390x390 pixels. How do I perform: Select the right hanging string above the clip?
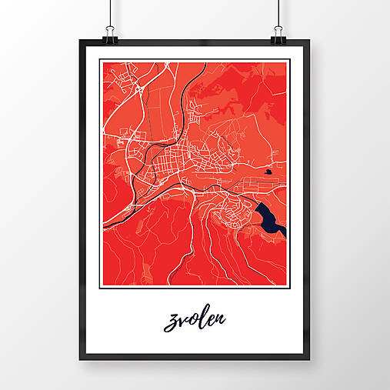(x=284, y=12)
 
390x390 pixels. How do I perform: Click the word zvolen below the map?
(x=194, y=319)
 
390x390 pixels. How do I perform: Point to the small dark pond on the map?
(x=267, y=172)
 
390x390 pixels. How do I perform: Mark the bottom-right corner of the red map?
(x=286, y=285)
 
